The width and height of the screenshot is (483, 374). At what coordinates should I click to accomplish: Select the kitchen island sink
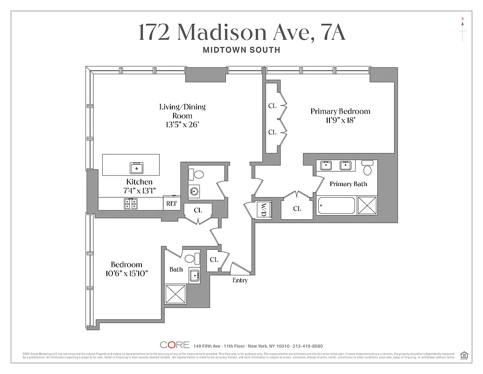pyautogui.click(x=137, y=167)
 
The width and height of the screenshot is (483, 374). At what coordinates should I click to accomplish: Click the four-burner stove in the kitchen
pyautogui.click(x=130, y=203)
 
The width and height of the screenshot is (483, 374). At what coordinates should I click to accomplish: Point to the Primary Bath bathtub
pyautogui.click(x=336, y=206)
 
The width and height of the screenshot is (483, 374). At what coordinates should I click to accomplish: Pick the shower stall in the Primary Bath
pyautogui.click(x=367, y=205)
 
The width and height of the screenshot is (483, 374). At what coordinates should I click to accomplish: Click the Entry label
pyautogui.click(x=240, y=280)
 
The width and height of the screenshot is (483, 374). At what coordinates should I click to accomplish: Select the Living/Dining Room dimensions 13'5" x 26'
pyautogui.click(x=182, y=125)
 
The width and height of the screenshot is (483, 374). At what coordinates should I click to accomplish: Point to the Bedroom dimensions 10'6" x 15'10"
pyautogui.click(x=126, y=273)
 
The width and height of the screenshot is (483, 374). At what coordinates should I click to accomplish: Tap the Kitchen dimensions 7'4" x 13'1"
pyautogui.click(x=139, y=190)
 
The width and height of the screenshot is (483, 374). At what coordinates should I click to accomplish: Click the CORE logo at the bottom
pyautogui.click(x=175, y=345)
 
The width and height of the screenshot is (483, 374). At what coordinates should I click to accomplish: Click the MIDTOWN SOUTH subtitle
pyautogui.click(x=241, y=50)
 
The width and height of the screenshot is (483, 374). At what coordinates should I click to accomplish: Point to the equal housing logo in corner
pyautogui.click(x=464, y=355)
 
